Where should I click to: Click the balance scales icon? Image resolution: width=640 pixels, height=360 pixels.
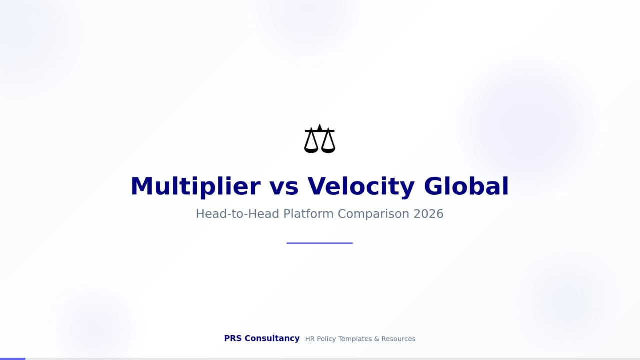320,139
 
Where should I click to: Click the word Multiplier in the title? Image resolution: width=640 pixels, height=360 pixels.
195,186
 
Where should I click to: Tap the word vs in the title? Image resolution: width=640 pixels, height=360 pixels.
284,186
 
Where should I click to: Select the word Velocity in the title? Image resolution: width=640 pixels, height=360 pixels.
361,186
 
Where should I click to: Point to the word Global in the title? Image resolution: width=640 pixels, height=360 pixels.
466,186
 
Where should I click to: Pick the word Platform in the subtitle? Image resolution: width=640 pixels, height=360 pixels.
308,214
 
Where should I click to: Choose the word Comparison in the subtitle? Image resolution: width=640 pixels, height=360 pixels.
373,214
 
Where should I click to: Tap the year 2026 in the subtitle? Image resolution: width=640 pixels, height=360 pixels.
428,214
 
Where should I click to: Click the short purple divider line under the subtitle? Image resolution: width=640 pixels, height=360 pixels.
320,243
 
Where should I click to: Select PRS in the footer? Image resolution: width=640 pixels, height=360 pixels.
233,338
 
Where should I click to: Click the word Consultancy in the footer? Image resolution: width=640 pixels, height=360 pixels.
272,338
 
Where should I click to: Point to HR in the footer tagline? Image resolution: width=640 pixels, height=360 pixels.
310,339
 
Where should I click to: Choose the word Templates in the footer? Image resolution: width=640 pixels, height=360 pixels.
355,339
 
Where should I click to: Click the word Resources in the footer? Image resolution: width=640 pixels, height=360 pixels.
398,339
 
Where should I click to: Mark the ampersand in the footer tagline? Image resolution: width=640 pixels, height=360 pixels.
377,339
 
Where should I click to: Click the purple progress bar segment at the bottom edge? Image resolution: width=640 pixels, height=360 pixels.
12,358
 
